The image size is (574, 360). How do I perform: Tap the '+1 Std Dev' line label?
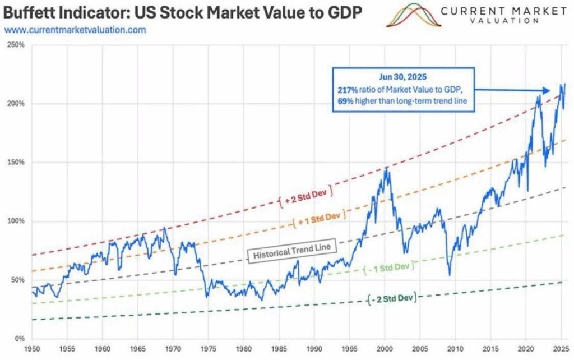318,219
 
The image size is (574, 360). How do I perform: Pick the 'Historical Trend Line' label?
291,250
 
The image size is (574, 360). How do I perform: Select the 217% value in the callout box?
346,90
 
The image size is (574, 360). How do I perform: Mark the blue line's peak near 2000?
386,167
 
